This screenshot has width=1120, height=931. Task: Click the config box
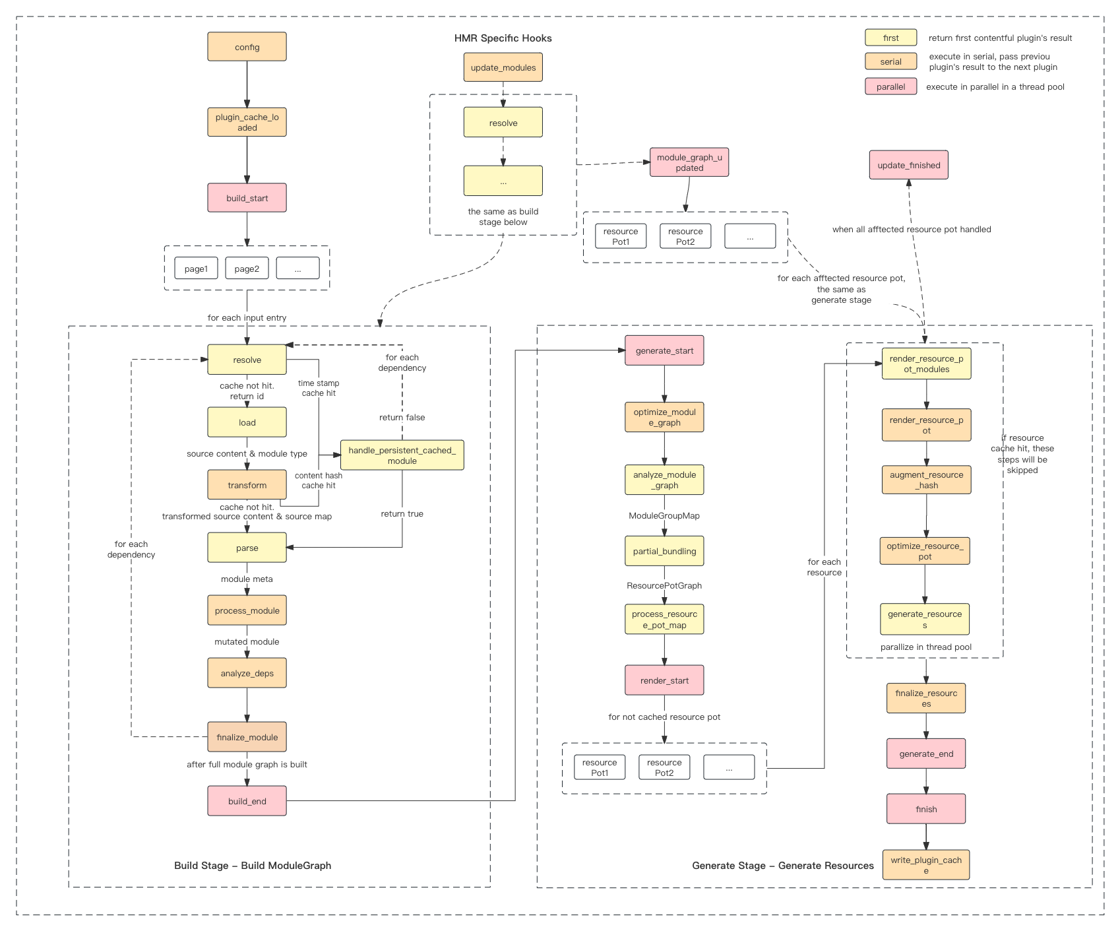(x=247, y=47)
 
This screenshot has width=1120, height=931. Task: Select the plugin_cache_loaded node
(x=247, y=122)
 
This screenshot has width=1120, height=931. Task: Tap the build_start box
(x=247, y=198)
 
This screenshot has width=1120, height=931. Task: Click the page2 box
(x=247, y=269)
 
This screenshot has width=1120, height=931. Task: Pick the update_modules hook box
(x=503, y=67)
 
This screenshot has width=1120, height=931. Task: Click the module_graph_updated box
(x=689, y=162)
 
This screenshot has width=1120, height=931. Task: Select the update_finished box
(x=908, y=165)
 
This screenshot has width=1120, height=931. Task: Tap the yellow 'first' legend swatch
(x=890, y=38)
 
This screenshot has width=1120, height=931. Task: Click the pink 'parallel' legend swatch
(x=890, y=86)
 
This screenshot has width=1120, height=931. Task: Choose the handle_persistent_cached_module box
(x=402, y=455)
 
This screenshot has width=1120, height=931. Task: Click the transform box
(x=247, y=485)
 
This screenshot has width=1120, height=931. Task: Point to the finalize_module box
(x=247, y=737)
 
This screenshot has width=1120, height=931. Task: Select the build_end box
(x=247, y=801)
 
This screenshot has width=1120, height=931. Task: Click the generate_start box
(x=664, y=350)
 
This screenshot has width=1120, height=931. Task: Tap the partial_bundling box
(x=664, y=551)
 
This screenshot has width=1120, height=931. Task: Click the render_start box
(x=664, y=680)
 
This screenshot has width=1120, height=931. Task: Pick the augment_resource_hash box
(x=926, y=480)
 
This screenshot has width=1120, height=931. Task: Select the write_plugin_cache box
(x=926, y=865)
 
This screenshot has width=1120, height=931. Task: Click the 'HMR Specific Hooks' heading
(x=503, y=38)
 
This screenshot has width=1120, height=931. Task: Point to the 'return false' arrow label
(x=402, y=417)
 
